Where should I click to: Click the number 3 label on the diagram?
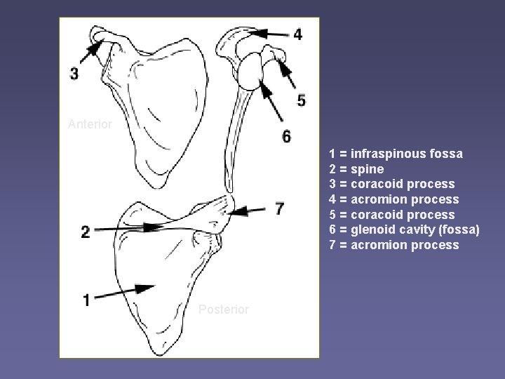pyautogui.click(x=75, y=73)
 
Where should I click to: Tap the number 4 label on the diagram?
pyautogui.click(x=298, y=34)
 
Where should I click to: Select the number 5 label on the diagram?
pyautogui.click(x=301, y=101)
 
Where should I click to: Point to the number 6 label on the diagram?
pyautogui.click(x=286, y=136)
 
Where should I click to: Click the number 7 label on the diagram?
pyautogui.click(x=280, y=209)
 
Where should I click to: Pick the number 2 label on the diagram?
pyautogui.click(x=85, y=232)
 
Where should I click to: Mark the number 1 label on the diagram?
pyautogui.click(x=86, y=300)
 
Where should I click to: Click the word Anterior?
pyautogui.click(x=90, y=124)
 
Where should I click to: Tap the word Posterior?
pyautogui.click(x=224, y=310)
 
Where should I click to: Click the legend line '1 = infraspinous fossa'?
pyautogui.click(x=396, y=154)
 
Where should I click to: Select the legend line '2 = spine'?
pyautogui.click(x=356, y=169)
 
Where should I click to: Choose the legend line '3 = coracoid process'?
pyautogui.click(x=392, y=184)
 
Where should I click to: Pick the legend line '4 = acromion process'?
pyautogui.click(x=394, y=199)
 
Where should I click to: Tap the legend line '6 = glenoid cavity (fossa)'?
pyautogui.click(x=404, y=230)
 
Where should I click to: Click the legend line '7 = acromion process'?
pyautogui.click(x=394, y=245)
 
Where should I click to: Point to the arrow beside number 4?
pyautogui.click(x=268, y=32)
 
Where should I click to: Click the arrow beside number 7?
pyautogui.click(x=251, y=208)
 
